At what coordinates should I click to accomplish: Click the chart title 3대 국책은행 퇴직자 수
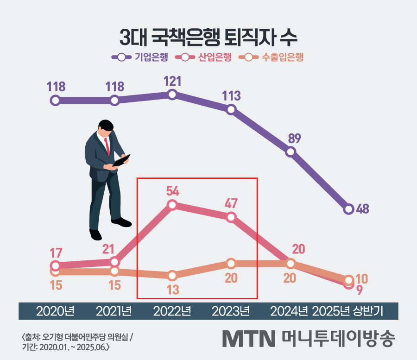[x=208, y=38]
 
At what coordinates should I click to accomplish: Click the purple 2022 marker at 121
[x=172, y=95]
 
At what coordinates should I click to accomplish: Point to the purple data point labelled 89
[x=291, y=152]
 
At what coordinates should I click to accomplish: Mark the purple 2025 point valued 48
[x=349, y=209]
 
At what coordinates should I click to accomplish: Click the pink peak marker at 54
[x=172, y=205]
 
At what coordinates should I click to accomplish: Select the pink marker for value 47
[x=231, y=217]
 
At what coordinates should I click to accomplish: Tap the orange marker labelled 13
[x=172, y=276]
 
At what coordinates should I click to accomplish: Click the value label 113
[x=231, y=96]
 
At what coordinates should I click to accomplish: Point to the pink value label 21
[x=108, y=249]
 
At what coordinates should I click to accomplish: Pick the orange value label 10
[x=362, y=279]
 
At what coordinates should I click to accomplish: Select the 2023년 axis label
[x=231, y=311]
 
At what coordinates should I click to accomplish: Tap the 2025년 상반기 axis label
[x=347, y=311]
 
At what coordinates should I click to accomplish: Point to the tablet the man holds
[x=121, y=160]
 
